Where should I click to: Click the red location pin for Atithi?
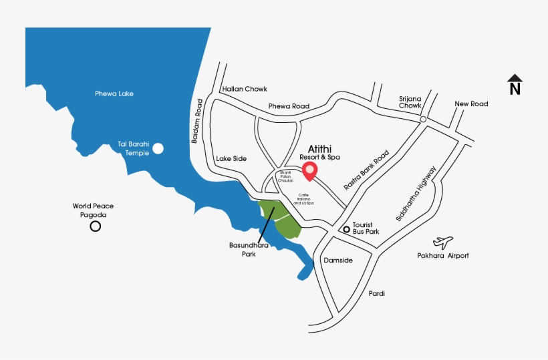click(309, 170)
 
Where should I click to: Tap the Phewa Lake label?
click(114, 94)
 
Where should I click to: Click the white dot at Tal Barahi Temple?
click(158, 148)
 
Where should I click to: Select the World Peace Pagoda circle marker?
click(96, 226)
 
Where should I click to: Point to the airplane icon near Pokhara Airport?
click(442, 241)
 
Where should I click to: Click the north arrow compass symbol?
click(515, 84)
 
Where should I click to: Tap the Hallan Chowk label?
click(245, 89)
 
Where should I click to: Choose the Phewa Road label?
click(289, 106)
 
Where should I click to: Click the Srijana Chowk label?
click(410, 101)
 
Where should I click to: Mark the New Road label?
click(471, 104)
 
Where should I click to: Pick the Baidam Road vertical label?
click(197, 122)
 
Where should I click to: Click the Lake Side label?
click(231, 158)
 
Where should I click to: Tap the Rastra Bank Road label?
click(366, 170)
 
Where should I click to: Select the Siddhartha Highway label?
click(416, 193)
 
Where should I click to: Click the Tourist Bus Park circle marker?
click(346, 230)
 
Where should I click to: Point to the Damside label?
click(337, 260)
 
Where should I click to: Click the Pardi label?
click(376, 293)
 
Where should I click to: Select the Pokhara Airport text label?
click(444, 256)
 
